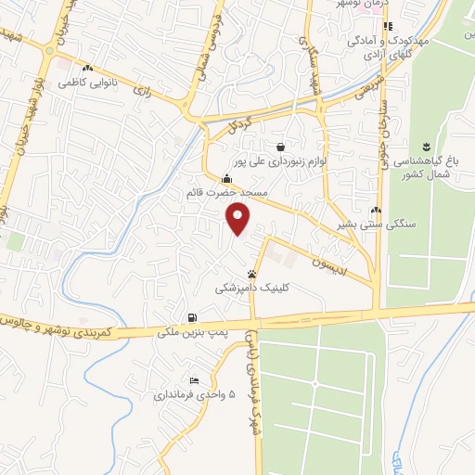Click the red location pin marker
click(x=239, y=218)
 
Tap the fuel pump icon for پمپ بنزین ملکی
click(x=192, y=317)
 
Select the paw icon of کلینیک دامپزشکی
click(x=252, y=275)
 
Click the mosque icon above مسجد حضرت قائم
click(x=227, y=179)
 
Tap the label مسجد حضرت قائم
click(x=227, y=193)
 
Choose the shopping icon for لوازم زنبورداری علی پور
click(x=279, y=146)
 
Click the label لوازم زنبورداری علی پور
click(x=279, y=160)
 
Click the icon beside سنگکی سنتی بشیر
click(x=376, y=211)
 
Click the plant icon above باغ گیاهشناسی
click(x=427, y=146)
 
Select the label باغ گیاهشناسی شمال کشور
click(x=428, y=166)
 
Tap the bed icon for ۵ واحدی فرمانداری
click(x=194, y=380)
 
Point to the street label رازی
click(x=142, y=90)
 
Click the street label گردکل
click(x=237, y=122)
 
